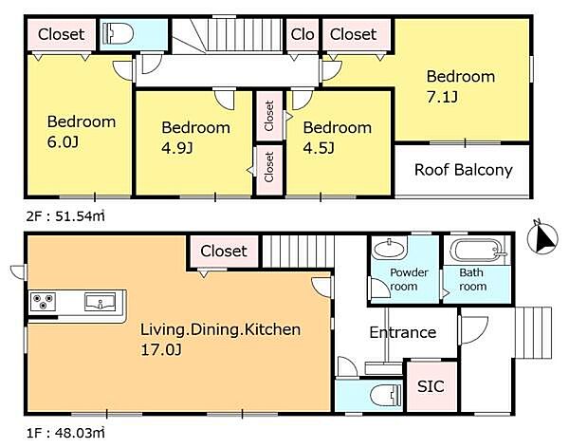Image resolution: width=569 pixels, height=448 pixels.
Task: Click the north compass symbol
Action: [x=542, y=237]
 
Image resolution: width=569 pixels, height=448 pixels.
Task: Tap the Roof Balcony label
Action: [x=464, y=170]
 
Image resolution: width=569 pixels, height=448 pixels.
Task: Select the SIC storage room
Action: [x=431, y=386]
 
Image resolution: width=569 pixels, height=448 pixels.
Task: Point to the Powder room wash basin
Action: [x=389, y=250]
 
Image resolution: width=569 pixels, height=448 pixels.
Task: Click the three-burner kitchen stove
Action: [x=43, y=302]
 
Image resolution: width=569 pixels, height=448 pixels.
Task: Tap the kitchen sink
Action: [x=101, y=302]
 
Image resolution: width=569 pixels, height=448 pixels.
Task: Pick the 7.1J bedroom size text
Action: [x=442, y=98]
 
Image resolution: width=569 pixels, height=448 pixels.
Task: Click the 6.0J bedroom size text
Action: [x=63, y=142]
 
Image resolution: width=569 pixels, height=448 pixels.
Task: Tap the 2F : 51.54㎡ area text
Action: [x=65, y=216]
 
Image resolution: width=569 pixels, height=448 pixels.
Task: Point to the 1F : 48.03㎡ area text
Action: [x=65, y=433]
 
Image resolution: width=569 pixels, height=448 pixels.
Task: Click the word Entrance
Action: [x=403, y=332]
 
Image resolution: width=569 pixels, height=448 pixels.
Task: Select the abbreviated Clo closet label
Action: [x=303, y=34]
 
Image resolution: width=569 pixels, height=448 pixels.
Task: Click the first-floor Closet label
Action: [x=224, y=252]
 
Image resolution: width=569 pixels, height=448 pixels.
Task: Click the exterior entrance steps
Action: [x=533, y=333]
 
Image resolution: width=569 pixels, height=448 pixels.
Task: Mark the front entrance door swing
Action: [x=474, y=330]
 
